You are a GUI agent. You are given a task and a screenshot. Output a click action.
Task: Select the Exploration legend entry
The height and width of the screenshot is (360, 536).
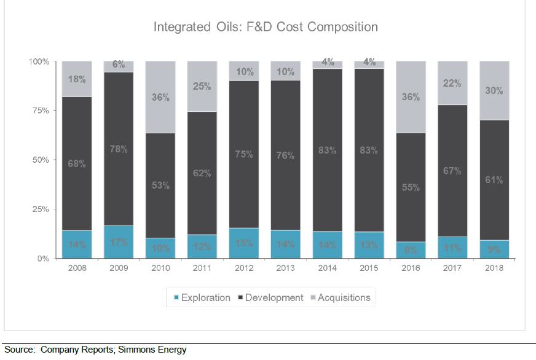tap(202, 298)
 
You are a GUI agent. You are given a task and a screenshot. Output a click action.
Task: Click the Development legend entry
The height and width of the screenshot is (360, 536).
tap(270, 298)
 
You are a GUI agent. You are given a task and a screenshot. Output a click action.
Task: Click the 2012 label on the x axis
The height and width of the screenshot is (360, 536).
tap(244, 268)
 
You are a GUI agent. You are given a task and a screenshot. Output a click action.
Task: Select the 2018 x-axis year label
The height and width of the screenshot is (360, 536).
tap(494, 268)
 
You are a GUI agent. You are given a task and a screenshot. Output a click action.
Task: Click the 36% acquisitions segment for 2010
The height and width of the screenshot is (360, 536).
tap(160, 96)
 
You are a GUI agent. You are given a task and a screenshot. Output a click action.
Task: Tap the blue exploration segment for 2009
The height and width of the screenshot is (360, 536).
tap(119, 242)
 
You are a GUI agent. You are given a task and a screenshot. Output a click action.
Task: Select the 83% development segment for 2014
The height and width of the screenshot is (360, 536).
tap(328, 151)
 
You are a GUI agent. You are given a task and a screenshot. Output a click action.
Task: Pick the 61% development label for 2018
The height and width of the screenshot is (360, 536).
tap(494, 180)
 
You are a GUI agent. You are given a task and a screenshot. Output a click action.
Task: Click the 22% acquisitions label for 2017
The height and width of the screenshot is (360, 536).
tap(452, 84)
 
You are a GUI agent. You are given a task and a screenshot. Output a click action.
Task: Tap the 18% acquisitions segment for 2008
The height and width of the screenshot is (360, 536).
tap(77, 79)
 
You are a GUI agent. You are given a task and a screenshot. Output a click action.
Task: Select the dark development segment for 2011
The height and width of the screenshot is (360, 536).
tap(202, 173)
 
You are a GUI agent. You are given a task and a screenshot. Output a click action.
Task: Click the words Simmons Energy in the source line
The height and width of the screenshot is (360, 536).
tap(154, 350)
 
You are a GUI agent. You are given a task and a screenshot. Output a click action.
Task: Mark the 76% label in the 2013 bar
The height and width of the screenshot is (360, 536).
tap(286, 156)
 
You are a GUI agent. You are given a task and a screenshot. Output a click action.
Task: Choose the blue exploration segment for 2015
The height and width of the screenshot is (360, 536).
tap(369, 245)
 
